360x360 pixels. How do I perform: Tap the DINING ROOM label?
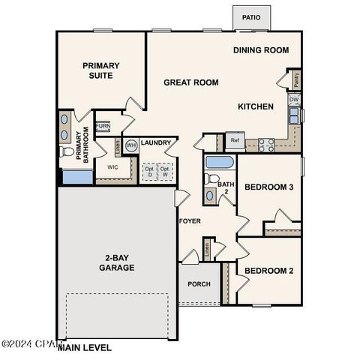261,50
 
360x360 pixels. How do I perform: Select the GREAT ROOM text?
191,82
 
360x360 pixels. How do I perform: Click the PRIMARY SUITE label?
101,70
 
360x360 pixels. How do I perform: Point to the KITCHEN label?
256,106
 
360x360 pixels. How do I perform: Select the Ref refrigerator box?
235,140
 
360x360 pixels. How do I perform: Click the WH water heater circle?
131,145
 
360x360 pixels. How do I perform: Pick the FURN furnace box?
103,127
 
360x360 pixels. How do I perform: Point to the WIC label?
113,167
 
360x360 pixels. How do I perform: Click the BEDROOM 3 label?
269,186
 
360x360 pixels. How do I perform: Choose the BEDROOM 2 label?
269,270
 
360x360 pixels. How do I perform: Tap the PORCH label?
199,284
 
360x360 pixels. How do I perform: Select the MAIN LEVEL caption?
85,347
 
